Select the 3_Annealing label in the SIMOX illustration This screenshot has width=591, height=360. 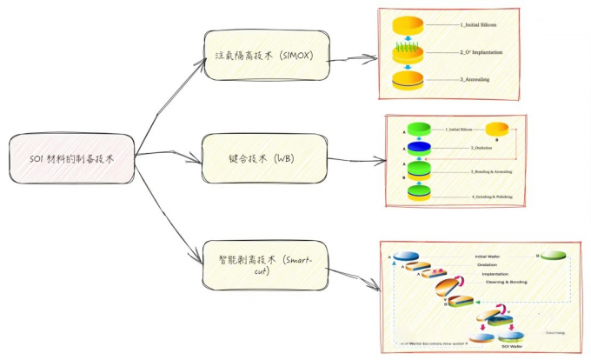click(479, 80)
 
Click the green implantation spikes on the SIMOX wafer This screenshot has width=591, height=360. click(408, 43)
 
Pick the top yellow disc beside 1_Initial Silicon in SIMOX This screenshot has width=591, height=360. click(408, 24)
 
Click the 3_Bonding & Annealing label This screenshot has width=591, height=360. click(491, 172)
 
